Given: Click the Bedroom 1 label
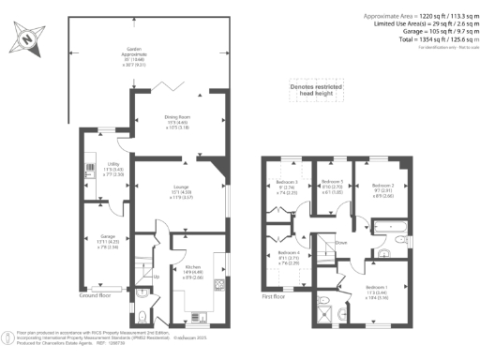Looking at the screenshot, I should pos(376,290).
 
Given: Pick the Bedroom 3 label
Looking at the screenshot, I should pos(286,186).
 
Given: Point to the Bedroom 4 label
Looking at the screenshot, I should pos(290,259).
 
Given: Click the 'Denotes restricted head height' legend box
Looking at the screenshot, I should pos(317,89).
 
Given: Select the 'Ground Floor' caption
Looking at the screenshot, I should pos(96,294).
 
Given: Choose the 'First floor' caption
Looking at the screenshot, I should pos(272,298).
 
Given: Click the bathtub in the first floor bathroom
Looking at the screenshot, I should pos(387,225).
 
